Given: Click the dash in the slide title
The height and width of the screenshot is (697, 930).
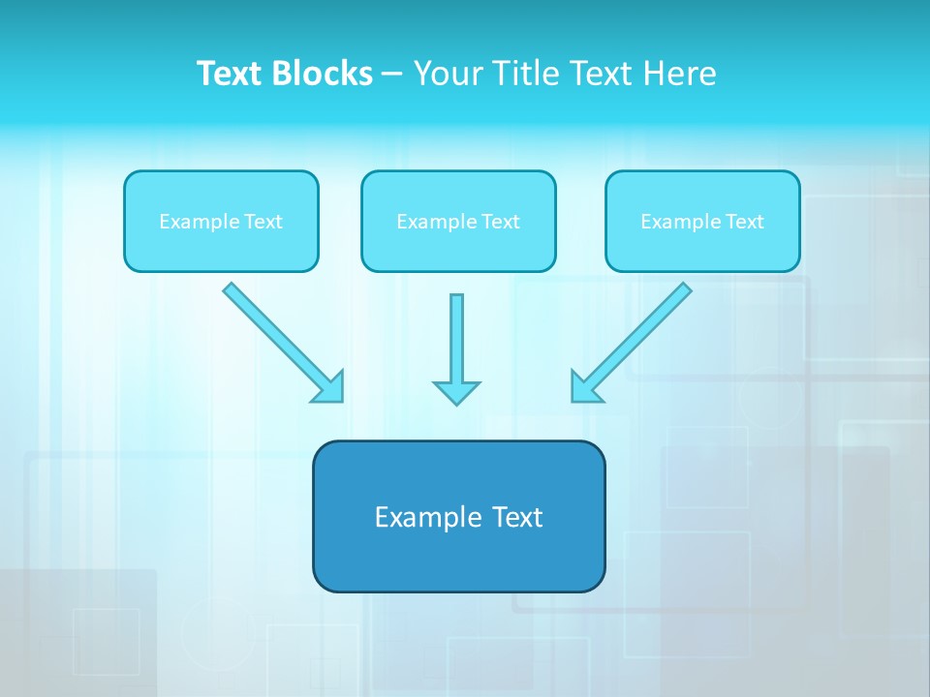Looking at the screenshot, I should click(x=392, y=75).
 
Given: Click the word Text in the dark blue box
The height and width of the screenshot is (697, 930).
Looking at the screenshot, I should click(x=518, y=517).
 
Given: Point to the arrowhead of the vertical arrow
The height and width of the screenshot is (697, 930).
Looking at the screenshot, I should click(x=456, y=393).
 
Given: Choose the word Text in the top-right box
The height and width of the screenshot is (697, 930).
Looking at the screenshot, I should click(x=744, y=222).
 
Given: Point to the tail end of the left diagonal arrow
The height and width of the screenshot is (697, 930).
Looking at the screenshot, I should click(x=231, y=289).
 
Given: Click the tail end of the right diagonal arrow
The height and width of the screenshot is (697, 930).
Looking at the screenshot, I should click(x=684, y=289).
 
